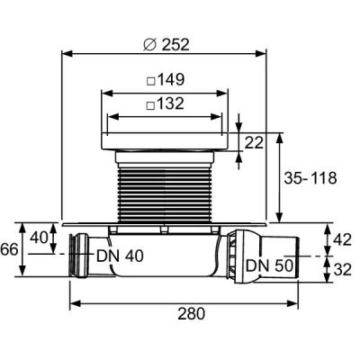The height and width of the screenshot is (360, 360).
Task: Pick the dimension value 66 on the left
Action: (8, 249)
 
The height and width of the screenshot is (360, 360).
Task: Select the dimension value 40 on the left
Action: (39, 237)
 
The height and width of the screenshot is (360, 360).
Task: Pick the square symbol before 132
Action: (151, 104)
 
